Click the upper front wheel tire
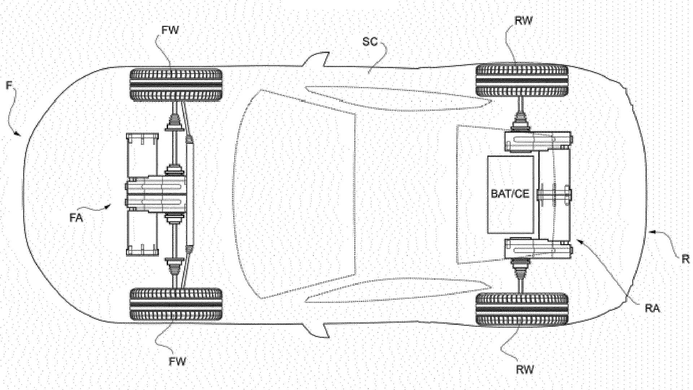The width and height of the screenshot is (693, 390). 176,84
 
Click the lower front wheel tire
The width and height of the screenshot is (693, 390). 176,304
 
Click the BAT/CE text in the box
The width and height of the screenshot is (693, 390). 510,194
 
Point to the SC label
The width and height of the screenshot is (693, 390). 370,42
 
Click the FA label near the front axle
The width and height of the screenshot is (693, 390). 76,218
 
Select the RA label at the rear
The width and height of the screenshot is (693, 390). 653,309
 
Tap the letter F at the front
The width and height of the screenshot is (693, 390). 9,86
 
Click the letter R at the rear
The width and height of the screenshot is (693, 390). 685,259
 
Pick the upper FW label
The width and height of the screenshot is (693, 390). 170,30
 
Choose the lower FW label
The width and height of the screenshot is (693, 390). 178,361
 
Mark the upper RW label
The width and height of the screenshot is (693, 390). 523,21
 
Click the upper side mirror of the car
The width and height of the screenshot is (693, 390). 318,59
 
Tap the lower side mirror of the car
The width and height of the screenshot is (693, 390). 318,329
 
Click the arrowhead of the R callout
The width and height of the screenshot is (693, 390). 650,233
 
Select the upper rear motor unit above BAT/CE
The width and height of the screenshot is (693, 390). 538,142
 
